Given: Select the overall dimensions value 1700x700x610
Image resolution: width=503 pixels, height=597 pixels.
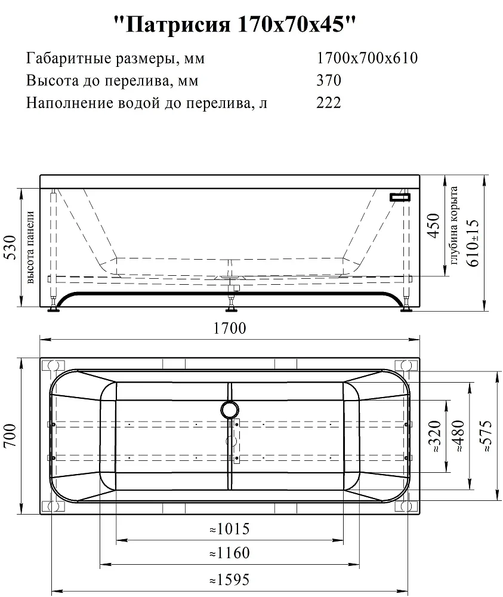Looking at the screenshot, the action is tap(367, 59).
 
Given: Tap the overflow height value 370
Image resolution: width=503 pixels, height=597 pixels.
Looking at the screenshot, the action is tap(329, 81).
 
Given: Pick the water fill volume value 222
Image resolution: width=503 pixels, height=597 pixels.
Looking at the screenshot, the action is tap(329, 103).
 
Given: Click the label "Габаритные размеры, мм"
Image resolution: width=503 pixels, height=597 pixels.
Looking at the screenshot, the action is tap(115, 59).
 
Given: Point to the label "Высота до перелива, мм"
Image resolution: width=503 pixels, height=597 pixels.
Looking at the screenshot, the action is tap(112, 81).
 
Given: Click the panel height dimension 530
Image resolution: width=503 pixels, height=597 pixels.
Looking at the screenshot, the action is tap(10, 248).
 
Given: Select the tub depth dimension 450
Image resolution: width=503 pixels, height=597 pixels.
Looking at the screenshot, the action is tap(433, 226).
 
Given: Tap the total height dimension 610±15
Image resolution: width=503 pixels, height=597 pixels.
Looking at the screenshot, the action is tap(472, 243).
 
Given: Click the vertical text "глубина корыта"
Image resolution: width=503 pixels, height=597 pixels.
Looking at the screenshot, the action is tap(453, 226).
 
